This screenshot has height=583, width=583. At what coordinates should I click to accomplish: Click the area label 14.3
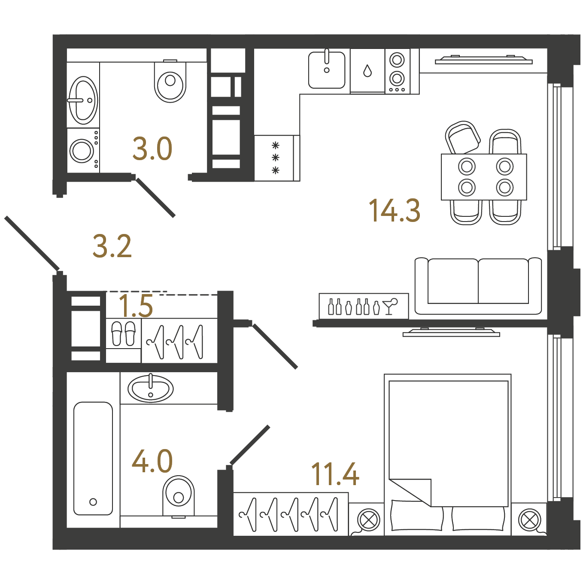394,210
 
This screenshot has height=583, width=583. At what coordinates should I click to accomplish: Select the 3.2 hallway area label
112,246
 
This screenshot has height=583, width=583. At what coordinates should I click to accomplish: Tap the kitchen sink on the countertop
326,70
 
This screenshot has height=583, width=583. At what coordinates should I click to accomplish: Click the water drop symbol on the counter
367,71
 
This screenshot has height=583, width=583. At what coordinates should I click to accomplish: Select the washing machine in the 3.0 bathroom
83,150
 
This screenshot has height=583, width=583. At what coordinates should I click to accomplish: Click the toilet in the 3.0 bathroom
170,81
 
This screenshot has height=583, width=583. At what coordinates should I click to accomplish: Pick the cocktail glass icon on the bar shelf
390,307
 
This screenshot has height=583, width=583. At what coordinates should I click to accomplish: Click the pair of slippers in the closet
124,334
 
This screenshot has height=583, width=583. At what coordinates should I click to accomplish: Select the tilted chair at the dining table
462,138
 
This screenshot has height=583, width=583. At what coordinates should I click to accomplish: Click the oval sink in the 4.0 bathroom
151,389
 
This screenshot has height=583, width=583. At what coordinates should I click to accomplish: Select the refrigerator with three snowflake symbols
277,158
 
